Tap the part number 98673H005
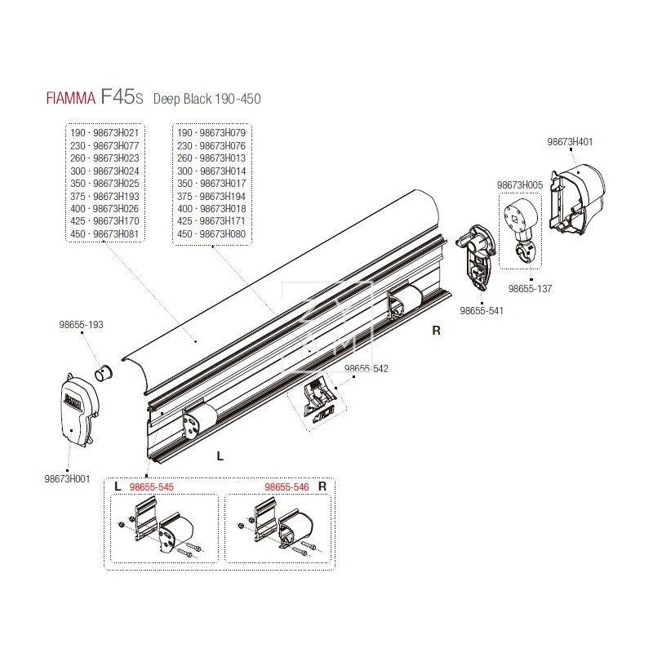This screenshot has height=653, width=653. [x=520, y=185]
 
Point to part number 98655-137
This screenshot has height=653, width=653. [x=530, y=288]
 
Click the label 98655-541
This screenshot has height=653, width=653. [x=482, y=310]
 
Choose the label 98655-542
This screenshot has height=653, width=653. [x=366, y=368]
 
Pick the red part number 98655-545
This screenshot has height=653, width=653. [x=152, y=486]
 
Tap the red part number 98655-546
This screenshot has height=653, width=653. [x=287, y=486]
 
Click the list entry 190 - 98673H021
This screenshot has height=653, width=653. [x=105, y=133]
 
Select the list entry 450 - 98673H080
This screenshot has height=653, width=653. [x=212, y=233]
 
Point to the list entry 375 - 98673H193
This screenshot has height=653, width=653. [x=105, y=196]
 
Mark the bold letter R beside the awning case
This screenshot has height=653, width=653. [x=436, y=331]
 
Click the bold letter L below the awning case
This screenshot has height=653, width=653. [x=220, y=456]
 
